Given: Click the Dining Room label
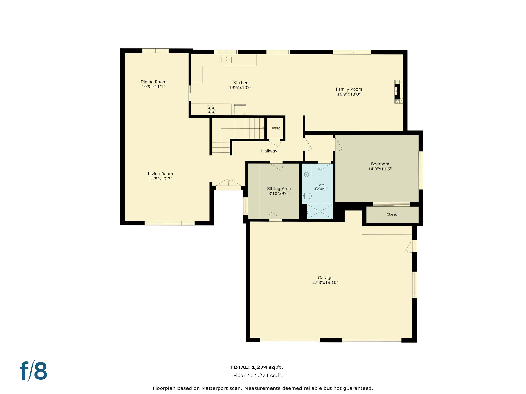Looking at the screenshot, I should tap(153, 82).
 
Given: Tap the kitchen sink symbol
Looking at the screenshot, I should tap(227, 60).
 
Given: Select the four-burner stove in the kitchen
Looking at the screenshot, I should tap(211, 110).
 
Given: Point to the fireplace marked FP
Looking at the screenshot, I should tap(397, 91).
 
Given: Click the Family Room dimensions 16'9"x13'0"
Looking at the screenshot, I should tap(349, 94).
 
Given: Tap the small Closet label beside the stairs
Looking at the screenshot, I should tap(275, 128).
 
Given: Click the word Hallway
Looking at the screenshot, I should tap(269, 151).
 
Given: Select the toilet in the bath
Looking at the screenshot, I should tap(306, 196).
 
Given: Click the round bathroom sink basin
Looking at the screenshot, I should tap(306, 175).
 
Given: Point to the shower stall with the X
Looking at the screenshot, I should tap(320, 211).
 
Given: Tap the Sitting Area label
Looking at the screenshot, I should tap(279, 189).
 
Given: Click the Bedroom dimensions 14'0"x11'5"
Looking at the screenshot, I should tap(380, 169).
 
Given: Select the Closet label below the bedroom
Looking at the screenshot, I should tap(391, 214).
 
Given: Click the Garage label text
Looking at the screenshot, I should tap(325, 278).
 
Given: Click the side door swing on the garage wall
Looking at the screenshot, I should tap(410, 246).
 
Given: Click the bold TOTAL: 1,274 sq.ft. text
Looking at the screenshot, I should tap(257, 367).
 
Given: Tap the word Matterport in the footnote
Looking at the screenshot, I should tap(215, 388).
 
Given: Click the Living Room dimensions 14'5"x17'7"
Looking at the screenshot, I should tap(160, 179).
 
